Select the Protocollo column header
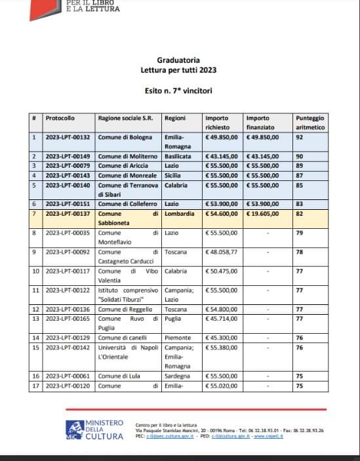(60, 118)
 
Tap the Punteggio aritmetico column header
(310, 123)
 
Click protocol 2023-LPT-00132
(68, 137)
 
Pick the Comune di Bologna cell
(125, 137)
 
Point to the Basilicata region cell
(178, 157)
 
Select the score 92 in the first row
(299, 137)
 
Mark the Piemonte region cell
(178, 337)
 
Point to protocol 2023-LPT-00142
(68, 347)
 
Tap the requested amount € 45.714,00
(222, 319)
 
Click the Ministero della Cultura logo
(94, 428)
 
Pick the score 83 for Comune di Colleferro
(299, 204)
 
